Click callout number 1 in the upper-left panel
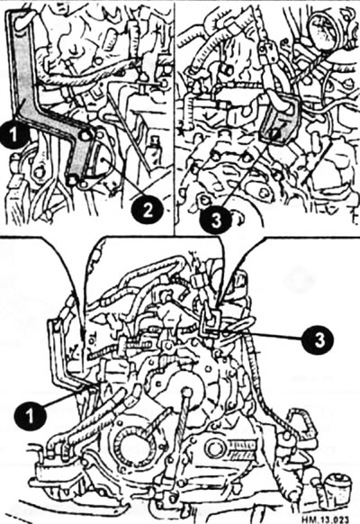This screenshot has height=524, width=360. [x=14, y=134]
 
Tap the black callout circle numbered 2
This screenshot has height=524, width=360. [x=148, y=209]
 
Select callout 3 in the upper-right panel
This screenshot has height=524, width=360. [x=216, y=219]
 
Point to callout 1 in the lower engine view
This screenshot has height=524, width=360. [x=30, y=416]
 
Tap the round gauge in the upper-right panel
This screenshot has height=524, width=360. [x=322, y=31]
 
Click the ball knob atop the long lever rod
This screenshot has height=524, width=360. [x=186, y=392]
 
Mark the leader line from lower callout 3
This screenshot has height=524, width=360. [x=262, y=335]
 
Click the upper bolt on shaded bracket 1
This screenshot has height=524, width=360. [x=85, y=135]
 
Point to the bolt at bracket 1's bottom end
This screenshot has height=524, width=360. [x=73, y=180]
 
